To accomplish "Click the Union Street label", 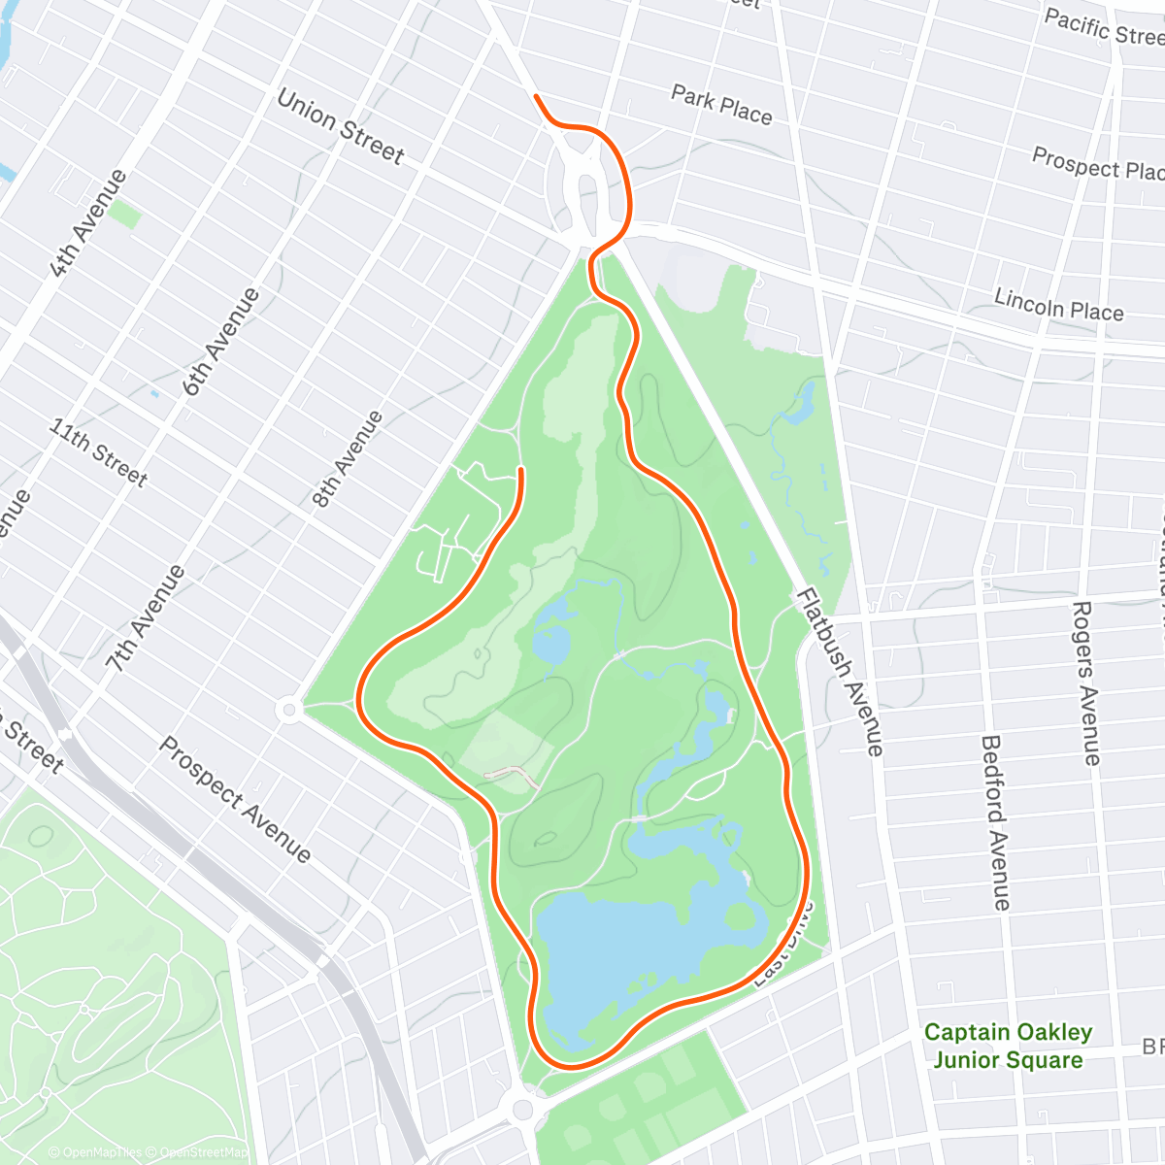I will point(340,126).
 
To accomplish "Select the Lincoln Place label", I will point(1058,305).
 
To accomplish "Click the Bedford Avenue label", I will point(995,823).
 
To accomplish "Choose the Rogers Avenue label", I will point(1086,683).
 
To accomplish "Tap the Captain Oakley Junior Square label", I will point(1008,1046).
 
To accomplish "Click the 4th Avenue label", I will point(88,224).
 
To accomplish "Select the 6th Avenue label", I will point(221,342).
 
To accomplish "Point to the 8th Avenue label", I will point(347,460).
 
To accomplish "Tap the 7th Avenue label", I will point(146,619).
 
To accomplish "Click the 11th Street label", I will point(99,452).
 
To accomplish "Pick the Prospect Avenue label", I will point(235,800).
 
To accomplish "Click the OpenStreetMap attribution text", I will point(204,1152).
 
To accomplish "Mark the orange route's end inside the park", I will point(521,470).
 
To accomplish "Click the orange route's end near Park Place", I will point(536,96).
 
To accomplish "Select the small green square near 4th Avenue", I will point(124,215).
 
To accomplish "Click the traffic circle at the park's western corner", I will point(288,710).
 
